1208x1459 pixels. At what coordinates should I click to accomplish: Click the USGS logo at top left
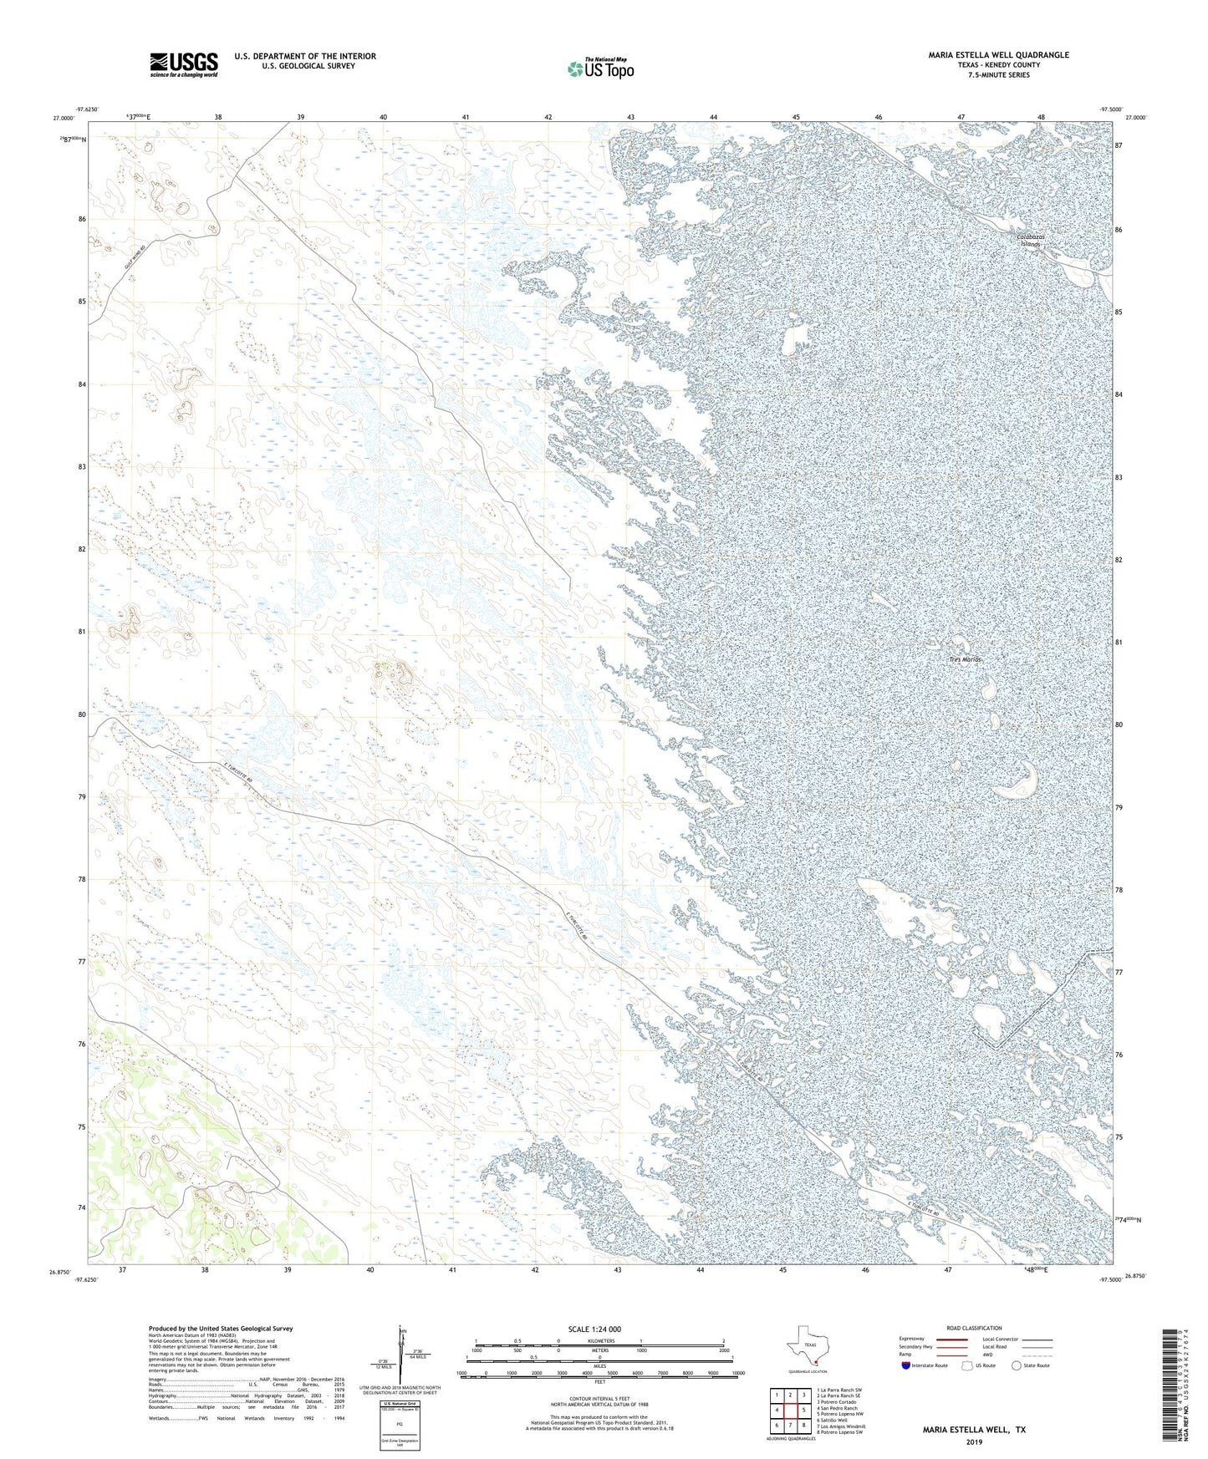(184, 64)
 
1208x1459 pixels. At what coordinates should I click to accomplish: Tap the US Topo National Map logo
(600, 69)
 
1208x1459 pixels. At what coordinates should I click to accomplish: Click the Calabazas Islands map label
(1030, 241)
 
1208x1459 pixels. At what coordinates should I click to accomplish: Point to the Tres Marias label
(965, 659)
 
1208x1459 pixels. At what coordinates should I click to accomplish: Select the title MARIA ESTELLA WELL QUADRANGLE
(998, 55)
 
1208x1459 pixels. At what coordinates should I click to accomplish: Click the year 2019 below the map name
(973, 1441)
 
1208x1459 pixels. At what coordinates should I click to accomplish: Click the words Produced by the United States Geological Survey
(221, 1328)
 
